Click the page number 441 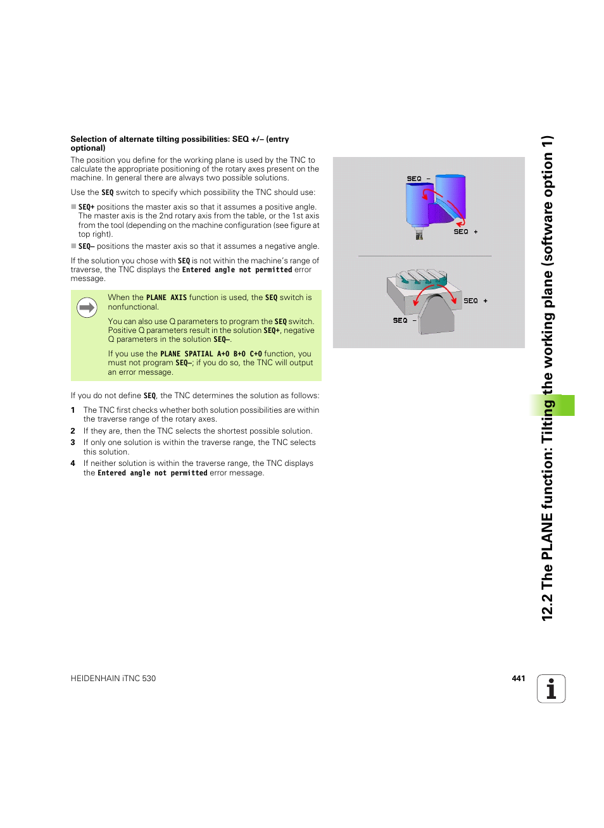[x=518, y=678]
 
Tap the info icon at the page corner [x=551, y=689]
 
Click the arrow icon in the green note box [x=87, y=308]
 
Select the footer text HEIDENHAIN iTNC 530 [x=113, y=679]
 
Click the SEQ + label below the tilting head [x=465, y=232]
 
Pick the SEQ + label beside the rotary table [x=475, y=301]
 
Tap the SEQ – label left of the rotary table [x=404, y=320]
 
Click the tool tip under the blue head [x=418, y=235]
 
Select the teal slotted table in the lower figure [x=422, y=279]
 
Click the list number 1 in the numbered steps [x=73, y=410]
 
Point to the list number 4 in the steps [x=73, y=463]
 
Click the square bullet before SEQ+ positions [x=73, y=207]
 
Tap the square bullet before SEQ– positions [x=73, y=246]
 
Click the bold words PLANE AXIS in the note [x=166, y=298]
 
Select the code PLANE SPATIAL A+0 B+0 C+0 [x=211, y=354]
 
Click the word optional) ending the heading [x=88, y=148]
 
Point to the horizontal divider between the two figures [x=425, y=256]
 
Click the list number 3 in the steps [x=73, y=442]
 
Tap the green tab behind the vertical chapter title [x=563, y=405]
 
